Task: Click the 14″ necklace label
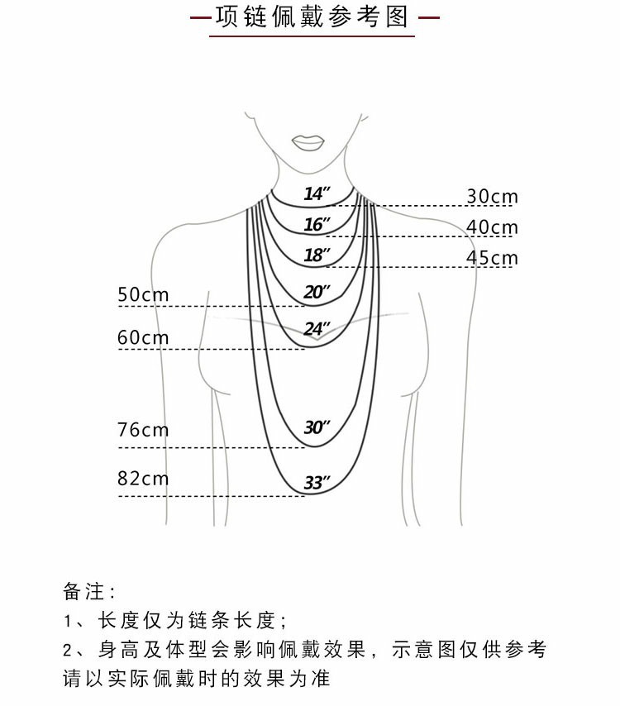tap(317, 194)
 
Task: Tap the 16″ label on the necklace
tap(317, 224)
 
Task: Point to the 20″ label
tap(317, 291)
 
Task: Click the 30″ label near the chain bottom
tap(317, 427)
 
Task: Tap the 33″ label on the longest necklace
tap(317, 483)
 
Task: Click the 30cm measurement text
tap(492, 196)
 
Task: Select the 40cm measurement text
tap(492, 227)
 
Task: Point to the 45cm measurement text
tap(492, 257)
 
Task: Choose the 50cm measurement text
tap(143, 294)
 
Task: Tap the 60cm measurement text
tap(143, 337)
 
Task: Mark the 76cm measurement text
tap(143, 430)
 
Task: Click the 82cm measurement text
tap(143, 479)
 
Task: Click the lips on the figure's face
tap(309, 142)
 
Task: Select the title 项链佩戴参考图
tap(312, 17)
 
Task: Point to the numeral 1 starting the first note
tap(68, 621)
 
